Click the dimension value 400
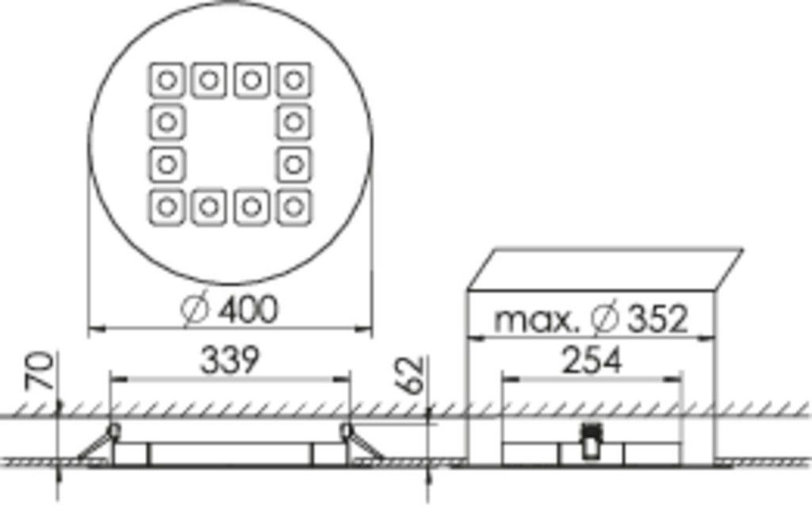pos(248,309)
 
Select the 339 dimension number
pos(228,360)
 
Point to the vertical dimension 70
pos(45,370)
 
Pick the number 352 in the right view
pos(659,319)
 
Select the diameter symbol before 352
pos(605,319)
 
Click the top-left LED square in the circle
pos(167,80)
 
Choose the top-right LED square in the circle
pos(294,80)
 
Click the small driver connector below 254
pos(591,441)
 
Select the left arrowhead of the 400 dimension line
pos(92,327)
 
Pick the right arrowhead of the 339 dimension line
pos(346,378)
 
